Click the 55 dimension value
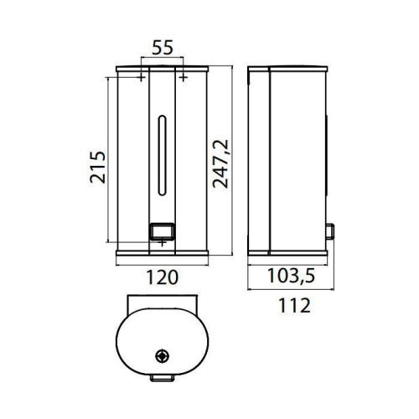163,49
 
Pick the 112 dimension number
287,305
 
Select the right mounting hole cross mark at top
184,77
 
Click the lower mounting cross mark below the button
163,243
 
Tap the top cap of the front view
163,66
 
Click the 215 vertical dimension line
110,159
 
